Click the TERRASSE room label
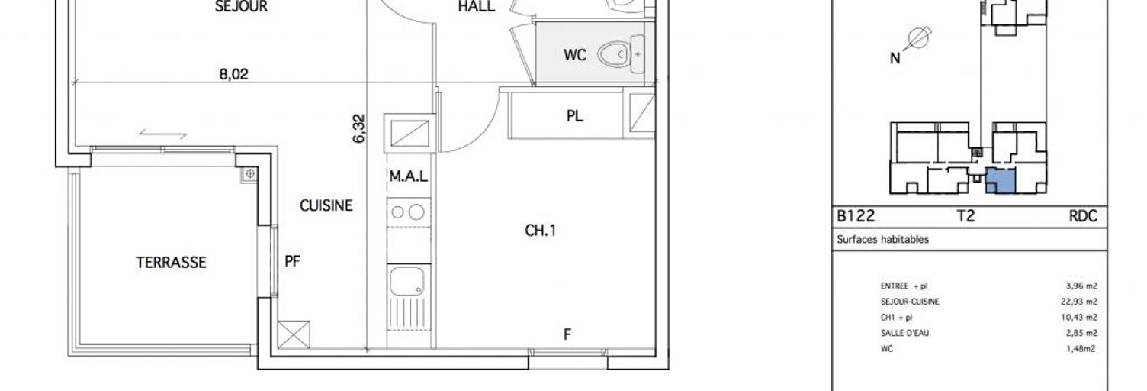click(171, 262)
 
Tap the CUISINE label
click(326, 205)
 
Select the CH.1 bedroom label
click(540, 231)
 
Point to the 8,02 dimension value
click(233, 75)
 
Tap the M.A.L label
click(409, 176)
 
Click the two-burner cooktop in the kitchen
click(408, 212)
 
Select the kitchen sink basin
click(408, 282)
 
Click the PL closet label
click(575, 116)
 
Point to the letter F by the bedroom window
click(567, 334)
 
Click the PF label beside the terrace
click(293, 261)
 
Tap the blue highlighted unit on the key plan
click(1001, 181)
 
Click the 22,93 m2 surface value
click(1082, 302)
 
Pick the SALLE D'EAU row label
click(904, 333)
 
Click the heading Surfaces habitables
click(883, 239)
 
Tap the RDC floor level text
click(1082, 216)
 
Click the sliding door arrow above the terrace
click(162, 134)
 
